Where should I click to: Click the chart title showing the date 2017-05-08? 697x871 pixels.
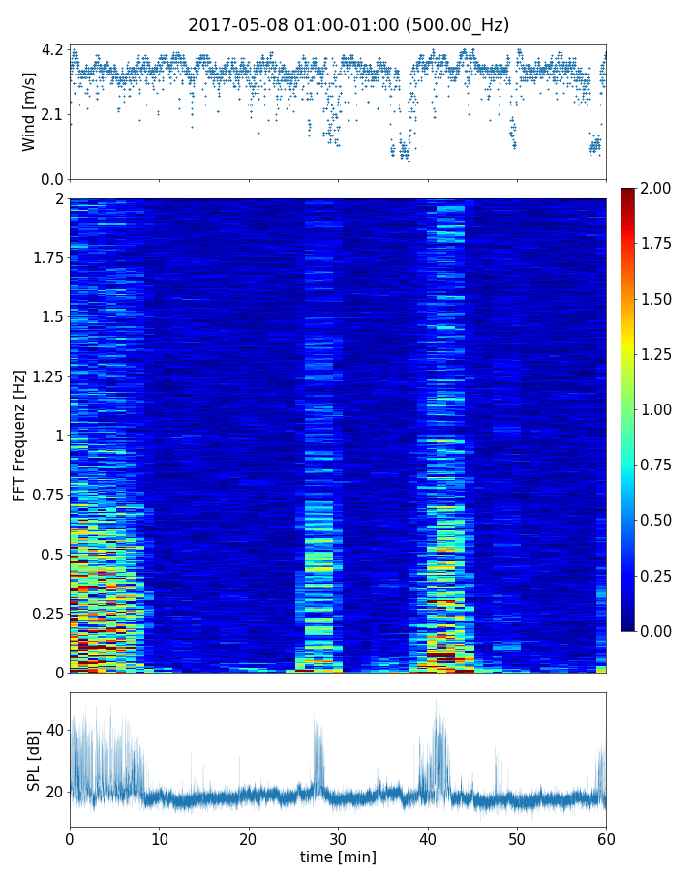(348, 25)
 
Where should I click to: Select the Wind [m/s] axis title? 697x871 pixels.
(29, 111)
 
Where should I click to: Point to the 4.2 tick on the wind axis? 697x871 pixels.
(52, 49)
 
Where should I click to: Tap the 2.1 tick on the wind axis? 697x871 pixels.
(52, 114)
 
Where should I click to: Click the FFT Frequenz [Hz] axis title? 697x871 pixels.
(19, 435)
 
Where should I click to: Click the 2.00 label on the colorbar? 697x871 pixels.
(658, 189)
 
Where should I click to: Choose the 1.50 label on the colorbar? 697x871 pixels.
(658, 299)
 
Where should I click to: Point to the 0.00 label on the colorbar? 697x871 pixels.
(658, 631)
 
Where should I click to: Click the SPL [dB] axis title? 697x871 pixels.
(33, 760)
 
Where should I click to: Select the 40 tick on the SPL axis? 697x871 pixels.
(52, 729)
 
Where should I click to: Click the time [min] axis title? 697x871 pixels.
(338, 856)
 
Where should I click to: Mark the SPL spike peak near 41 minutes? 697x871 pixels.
(436, 699)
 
